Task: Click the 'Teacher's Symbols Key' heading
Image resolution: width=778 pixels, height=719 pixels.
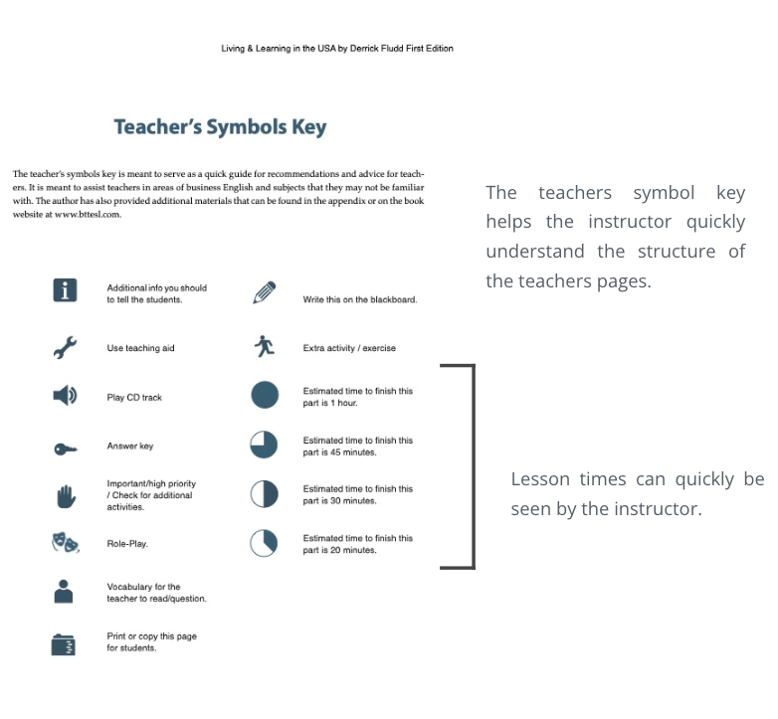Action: (x=220, y=127)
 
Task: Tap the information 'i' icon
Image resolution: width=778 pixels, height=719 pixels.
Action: (x=65, y=290)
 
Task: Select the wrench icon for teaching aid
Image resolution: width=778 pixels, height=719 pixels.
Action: (x=65, y=347)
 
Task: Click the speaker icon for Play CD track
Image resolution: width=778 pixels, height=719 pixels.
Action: (x=65, y=396)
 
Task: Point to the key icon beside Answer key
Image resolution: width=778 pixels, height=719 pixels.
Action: (x=65, y=449)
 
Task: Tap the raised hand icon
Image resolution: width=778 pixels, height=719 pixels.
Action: (x=65, y=495)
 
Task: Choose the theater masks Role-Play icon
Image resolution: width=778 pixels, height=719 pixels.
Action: (x=66, y=543)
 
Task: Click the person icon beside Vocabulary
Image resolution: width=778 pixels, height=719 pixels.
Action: (x=64, y=592)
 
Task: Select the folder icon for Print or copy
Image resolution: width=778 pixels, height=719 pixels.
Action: (x=64, y=644)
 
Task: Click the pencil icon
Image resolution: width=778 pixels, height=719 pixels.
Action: (x=264, y=292)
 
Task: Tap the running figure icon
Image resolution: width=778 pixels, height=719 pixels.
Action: (x=264, y=346)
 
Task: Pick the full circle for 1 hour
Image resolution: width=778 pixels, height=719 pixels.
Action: (x=265, y=395)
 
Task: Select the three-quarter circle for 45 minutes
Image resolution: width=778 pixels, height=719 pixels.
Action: (x=264, y=445)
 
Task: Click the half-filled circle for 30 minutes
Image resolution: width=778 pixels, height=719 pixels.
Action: (x=264, y=494)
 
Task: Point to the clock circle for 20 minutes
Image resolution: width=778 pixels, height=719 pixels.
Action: (x=264, y=543)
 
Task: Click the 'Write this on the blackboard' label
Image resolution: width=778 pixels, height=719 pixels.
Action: (x=359, y=299)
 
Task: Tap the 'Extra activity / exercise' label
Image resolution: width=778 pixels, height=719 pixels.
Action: (x=349, y=348)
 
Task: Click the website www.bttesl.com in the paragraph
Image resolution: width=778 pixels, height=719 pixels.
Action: (x=88, y=214)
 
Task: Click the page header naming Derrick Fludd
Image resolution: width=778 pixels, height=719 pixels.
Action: (x=337, y=49)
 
